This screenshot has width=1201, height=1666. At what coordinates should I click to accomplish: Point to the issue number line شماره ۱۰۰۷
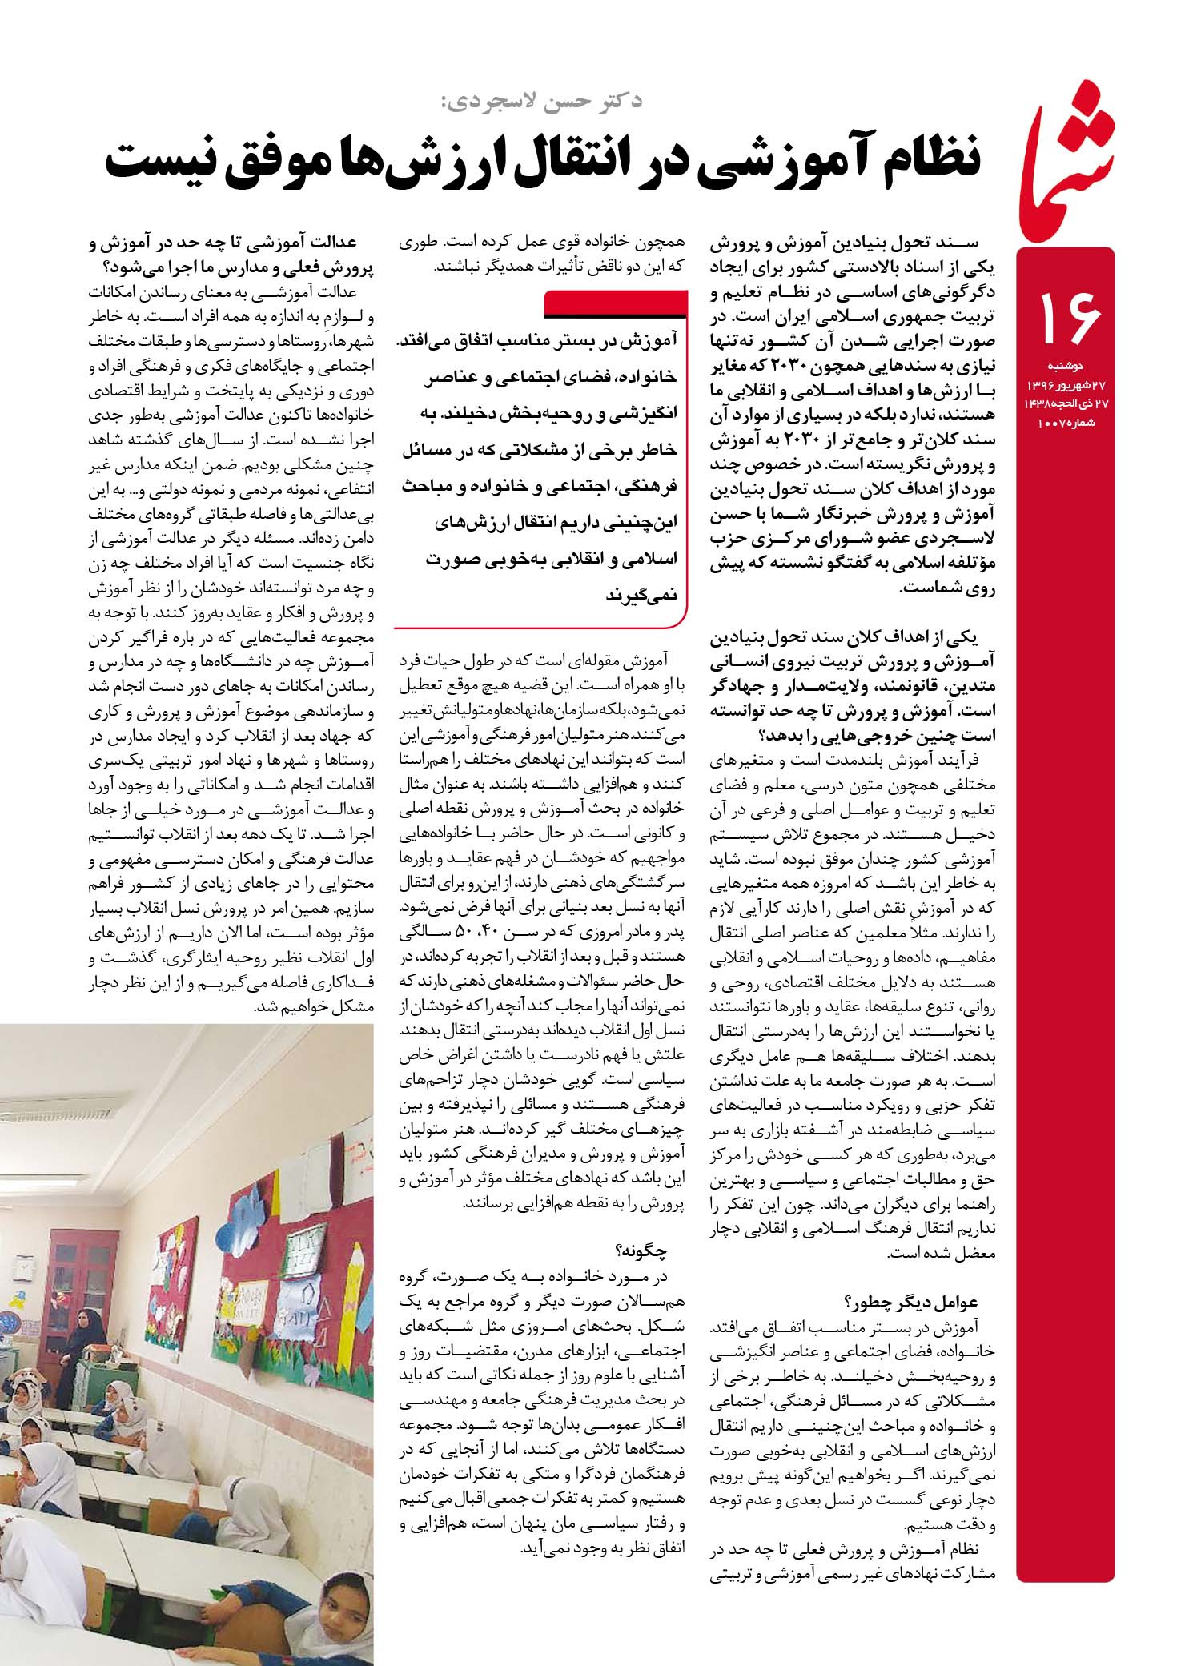tap(1067, 421)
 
